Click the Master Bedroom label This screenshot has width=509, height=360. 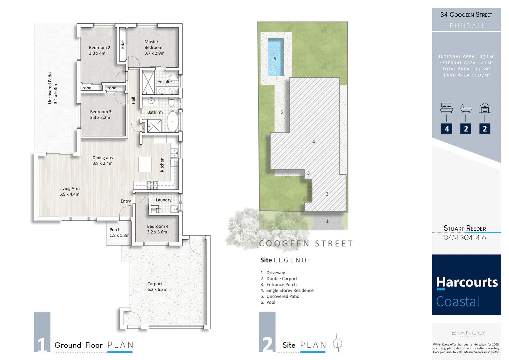153,45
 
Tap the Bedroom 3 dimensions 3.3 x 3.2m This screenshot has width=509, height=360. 100,117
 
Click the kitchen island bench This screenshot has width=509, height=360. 145,164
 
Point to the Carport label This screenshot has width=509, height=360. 155,284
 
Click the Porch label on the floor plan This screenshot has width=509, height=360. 115,230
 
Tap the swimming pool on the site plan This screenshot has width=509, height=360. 276,57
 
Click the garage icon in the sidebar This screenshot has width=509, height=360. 485,108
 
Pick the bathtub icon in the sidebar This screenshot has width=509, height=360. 466,108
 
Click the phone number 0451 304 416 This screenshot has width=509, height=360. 464,238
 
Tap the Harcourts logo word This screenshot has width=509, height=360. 467,282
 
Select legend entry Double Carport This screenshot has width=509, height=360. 281,279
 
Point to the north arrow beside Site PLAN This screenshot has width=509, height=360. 338,342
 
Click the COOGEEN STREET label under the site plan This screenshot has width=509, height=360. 306,244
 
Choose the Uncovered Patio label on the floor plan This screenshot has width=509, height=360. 50,88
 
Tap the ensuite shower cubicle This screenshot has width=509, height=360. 148,82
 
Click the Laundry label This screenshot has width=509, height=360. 164,200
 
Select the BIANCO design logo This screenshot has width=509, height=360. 467,333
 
